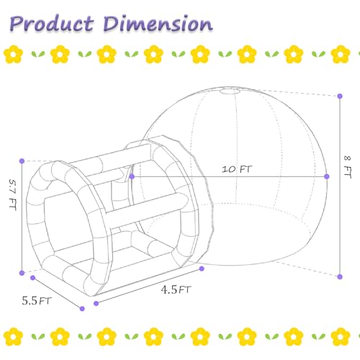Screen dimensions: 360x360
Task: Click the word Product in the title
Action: (52, 24)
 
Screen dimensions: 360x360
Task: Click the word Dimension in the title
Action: (158, 24)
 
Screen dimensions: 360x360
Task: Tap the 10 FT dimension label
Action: (237, 169)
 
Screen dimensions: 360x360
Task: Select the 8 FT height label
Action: (348, 167)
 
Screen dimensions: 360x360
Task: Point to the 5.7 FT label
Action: (12, 194)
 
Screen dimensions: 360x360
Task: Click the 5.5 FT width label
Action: (37, 301)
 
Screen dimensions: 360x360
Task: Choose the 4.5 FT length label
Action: (176, 289)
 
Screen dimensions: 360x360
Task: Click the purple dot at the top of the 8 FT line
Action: (340, 96)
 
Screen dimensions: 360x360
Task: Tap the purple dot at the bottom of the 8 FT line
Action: (340, 276)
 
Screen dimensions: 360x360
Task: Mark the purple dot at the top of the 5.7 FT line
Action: (22, 161)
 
